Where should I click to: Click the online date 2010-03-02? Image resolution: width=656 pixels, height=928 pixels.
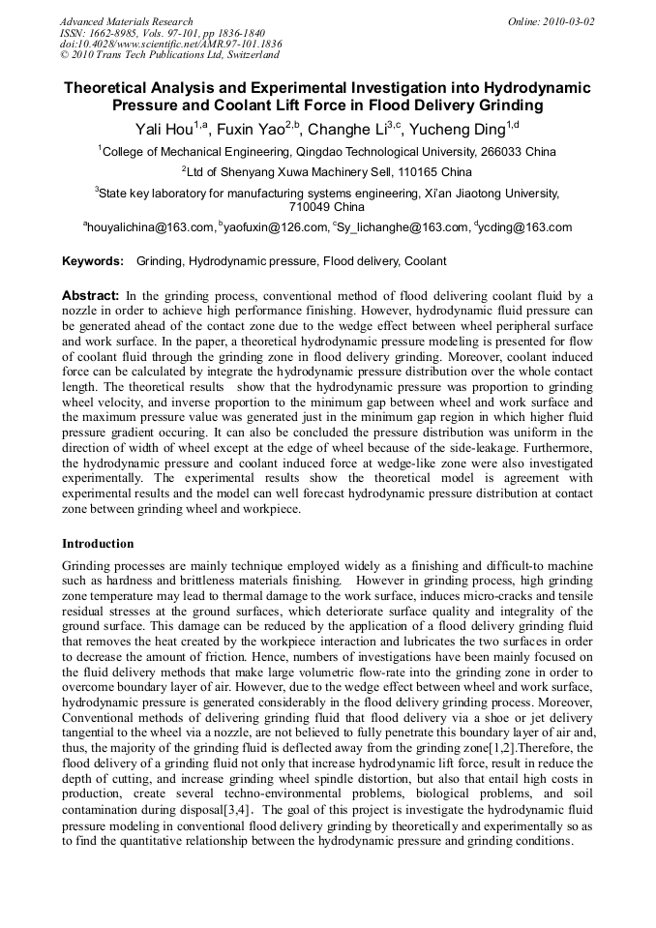(566, 21)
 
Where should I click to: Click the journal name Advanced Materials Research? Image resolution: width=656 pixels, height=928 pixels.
(126, 21)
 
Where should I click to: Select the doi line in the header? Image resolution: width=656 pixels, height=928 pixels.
(170, 44)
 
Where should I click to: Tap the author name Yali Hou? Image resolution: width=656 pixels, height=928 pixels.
(162, 129)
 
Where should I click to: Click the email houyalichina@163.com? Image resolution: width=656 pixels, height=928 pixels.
(151, 228)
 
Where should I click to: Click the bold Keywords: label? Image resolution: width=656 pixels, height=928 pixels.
(93, 262)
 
